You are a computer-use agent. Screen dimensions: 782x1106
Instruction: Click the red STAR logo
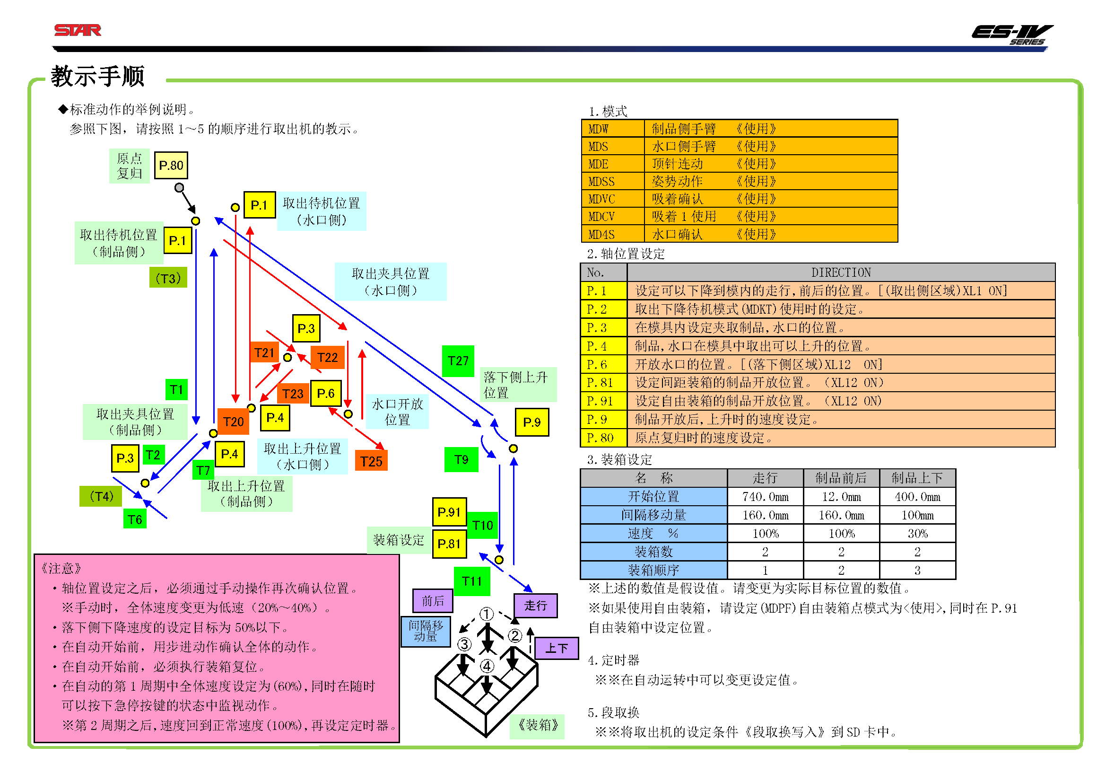78,30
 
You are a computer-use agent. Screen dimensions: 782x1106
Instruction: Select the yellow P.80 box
171,165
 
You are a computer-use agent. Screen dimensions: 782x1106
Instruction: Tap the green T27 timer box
458,360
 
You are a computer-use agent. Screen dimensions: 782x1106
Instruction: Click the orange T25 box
371,461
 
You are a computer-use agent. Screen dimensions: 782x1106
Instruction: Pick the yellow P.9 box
531,422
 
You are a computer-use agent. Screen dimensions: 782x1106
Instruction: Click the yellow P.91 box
448,512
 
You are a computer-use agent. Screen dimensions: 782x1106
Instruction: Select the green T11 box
471,581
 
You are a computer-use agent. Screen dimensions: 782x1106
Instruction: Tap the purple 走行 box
535,605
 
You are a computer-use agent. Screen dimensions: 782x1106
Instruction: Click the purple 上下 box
556,648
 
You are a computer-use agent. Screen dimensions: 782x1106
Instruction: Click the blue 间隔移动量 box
426,631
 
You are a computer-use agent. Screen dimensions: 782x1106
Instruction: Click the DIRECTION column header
841,272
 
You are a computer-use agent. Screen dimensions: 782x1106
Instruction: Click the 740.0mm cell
765,497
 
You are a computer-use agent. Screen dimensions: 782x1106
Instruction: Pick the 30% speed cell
917,533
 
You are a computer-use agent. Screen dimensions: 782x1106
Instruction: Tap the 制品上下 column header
917,478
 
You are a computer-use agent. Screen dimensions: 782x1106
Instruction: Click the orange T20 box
233,422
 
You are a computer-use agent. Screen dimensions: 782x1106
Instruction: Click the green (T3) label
168,279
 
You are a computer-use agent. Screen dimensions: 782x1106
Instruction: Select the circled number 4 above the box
487,666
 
